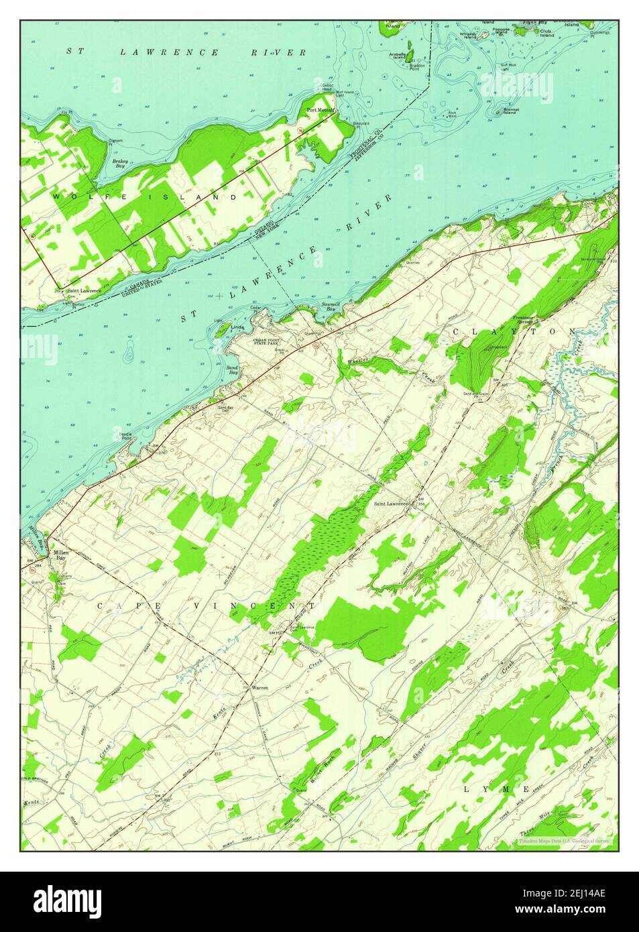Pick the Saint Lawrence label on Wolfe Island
[84, 290]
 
